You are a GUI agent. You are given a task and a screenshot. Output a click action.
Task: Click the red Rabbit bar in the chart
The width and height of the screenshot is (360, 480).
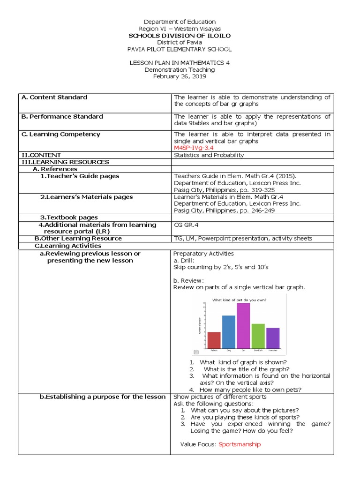[214, 340]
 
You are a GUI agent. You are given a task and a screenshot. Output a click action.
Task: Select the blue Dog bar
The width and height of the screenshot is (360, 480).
[229, 331]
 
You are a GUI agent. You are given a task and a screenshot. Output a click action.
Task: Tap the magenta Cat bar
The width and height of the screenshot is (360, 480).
[243, 325]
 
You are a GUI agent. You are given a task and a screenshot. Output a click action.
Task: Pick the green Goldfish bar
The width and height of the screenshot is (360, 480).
[258, 336]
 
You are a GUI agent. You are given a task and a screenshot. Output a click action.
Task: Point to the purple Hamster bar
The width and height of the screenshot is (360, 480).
[273, 337]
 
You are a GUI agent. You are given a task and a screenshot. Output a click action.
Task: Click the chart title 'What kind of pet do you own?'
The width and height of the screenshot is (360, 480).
[240, 300]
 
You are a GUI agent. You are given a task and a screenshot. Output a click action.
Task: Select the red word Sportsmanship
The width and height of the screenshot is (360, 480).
[240, 444]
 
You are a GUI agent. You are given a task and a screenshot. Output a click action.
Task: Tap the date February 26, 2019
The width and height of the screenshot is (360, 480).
[180, 76]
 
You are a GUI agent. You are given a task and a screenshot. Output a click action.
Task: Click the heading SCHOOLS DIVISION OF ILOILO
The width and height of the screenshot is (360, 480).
[180, 36]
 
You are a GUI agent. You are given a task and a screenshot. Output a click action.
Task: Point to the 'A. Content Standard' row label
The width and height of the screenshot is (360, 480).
[54, 97]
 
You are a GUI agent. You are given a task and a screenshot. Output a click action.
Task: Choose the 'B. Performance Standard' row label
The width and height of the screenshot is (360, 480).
[62, 117]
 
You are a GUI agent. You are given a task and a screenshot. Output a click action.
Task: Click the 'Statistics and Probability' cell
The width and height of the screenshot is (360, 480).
[209, 155]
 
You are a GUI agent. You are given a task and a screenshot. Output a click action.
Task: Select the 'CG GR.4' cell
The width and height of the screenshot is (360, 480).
[187, 225]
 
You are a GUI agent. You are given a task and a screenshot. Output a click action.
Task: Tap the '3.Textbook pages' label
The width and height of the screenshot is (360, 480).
[69, 217]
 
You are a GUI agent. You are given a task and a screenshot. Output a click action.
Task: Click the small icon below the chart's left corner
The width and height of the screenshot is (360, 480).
[196, 352]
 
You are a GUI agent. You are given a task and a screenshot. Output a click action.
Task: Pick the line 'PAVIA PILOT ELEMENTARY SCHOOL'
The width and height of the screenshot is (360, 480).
[180, 49]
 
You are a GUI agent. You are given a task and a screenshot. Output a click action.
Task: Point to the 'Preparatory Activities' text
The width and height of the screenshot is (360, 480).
[203, 254]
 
